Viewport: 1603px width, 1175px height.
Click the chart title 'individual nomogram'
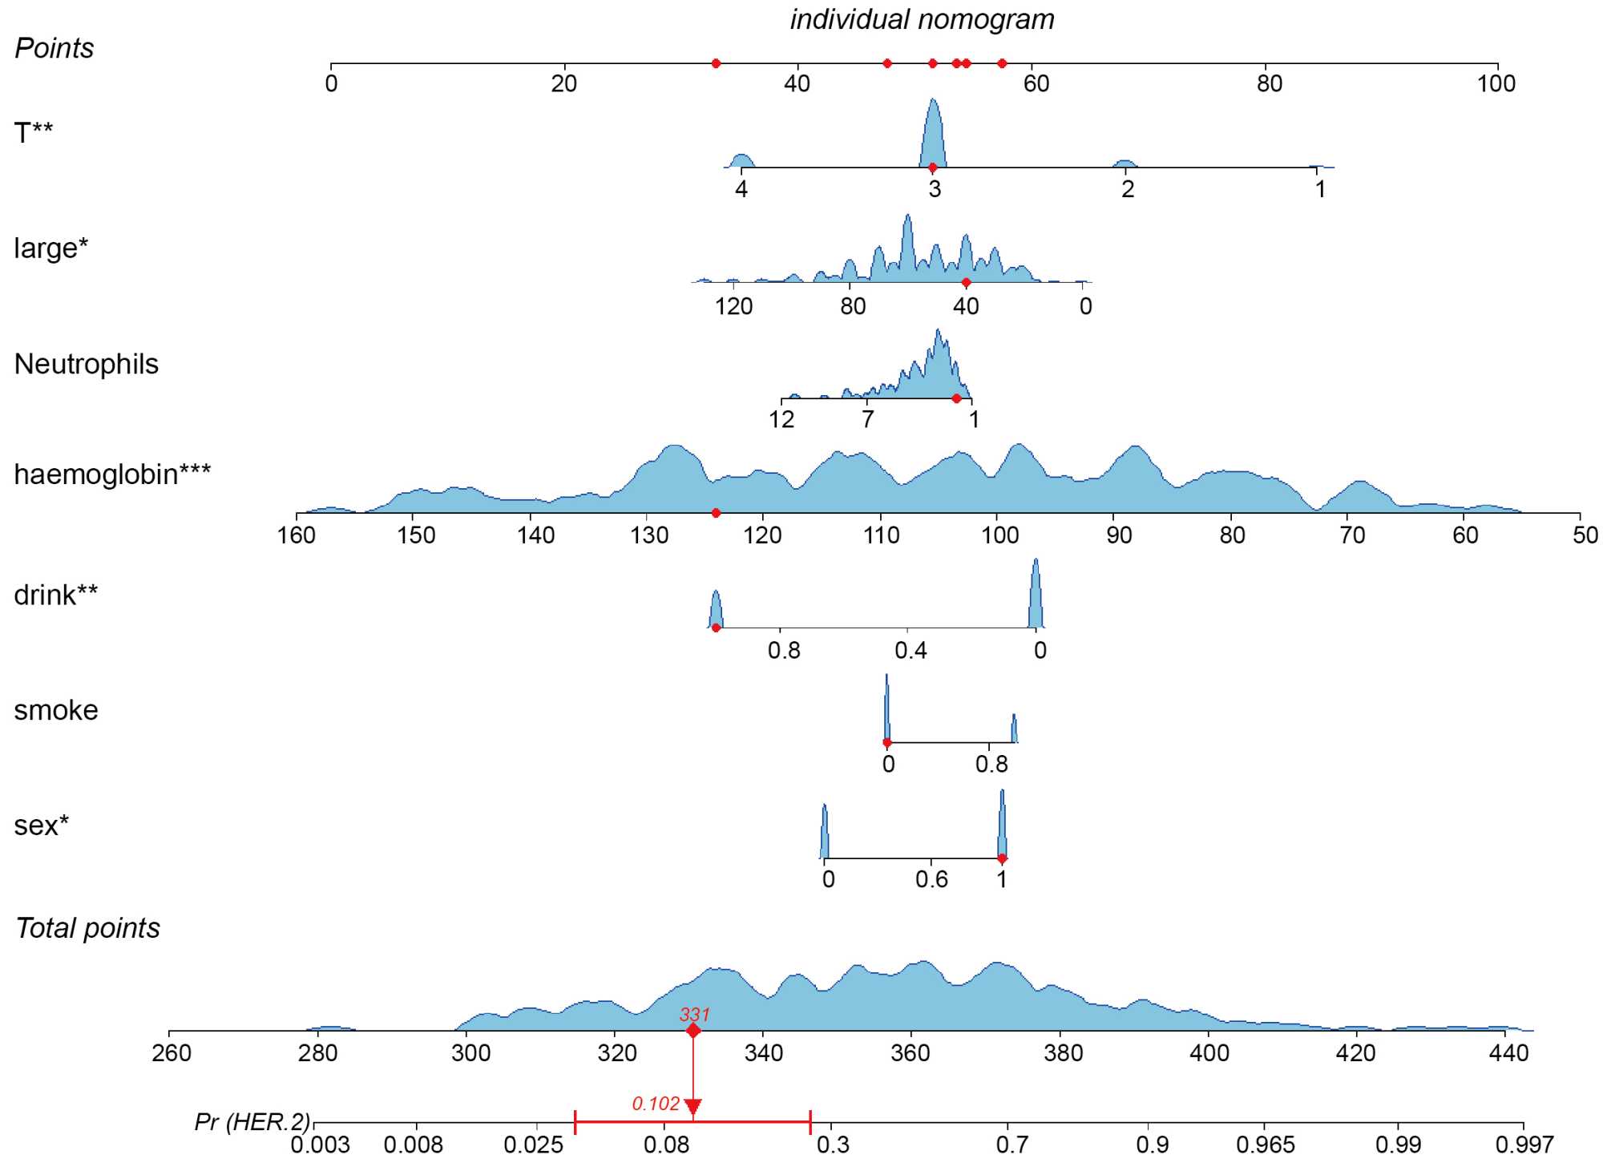(x=922, y=19)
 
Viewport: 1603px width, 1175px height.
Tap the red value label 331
(x=694, y=1014)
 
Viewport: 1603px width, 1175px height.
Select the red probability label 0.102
(x=656, y=1104)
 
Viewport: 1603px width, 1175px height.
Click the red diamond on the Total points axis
(x=693, y=1031)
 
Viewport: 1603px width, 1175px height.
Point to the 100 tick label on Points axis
(x=1496, y=83)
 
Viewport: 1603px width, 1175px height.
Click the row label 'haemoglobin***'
(x=112, y=474)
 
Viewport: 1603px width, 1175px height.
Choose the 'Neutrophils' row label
(x=87, y=364)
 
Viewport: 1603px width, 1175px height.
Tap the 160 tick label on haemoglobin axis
(x=297, y=535)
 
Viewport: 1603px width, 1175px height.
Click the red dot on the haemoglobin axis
(x=716, y=513)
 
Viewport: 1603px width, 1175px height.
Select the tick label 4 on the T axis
(x=741, y=189)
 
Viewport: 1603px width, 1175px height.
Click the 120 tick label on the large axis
(x=733, y=306)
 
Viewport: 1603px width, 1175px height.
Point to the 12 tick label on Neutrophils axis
(x=781, y=419)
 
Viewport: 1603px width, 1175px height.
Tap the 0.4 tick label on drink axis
(x=911, y=650)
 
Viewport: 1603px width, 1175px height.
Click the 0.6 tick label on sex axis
(x=931, y=879)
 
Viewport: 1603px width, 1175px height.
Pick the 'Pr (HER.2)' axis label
(x=252, y=1121)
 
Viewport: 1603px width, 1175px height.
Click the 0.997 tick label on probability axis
(x=1524, y=1145)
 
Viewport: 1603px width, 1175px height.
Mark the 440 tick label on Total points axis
(x=1508, y=1052)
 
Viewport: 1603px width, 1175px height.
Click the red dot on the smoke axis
(x=886, y=743)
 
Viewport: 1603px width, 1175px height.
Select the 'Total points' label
(x=87, y=928)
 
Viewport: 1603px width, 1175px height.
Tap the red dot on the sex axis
(x=1002, y=858)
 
